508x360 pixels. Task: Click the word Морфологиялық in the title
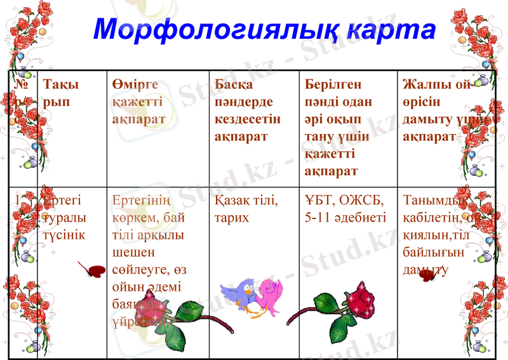point(214,29)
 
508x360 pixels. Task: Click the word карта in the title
point(387,29)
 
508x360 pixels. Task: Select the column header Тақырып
point(61,93)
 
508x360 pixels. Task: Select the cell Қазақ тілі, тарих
point(246,208)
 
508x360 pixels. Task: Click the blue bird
point(239,294)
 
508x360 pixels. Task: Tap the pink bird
point(269,295)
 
